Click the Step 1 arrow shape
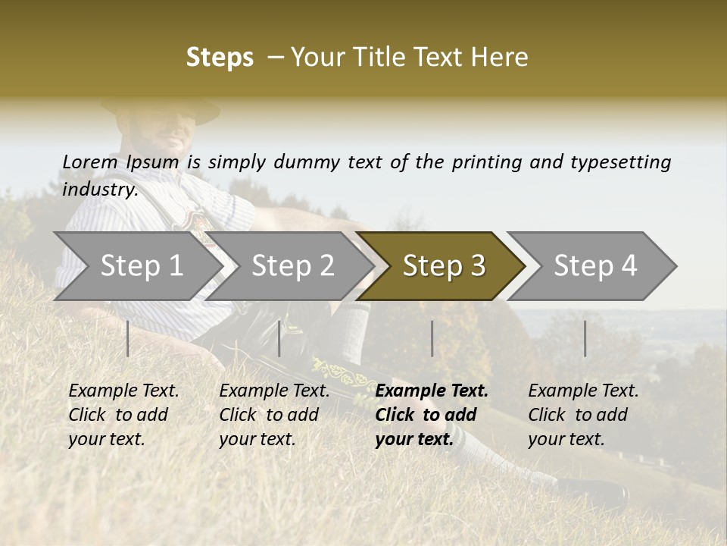[x=136, y=266]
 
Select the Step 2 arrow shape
[x=292, y=266]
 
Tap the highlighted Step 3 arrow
[x=442, y=266]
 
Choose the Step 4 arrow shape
[x=595, y=266]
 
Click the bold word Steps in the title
[x=220, y=58]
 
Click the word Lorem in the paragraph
[x=89, y=162]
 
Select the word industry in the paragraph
[x=99, y=190]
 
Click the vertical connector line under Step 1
[x=127, y=338]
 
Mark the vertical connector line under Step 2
[x=279, y=338]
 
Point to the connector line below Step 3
[x=432, y=338]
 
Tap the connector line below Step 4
[x=585, y=338]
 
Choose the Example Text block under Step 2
[x=275, y=415]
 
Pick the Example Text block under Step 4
[x=583, y=415]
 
